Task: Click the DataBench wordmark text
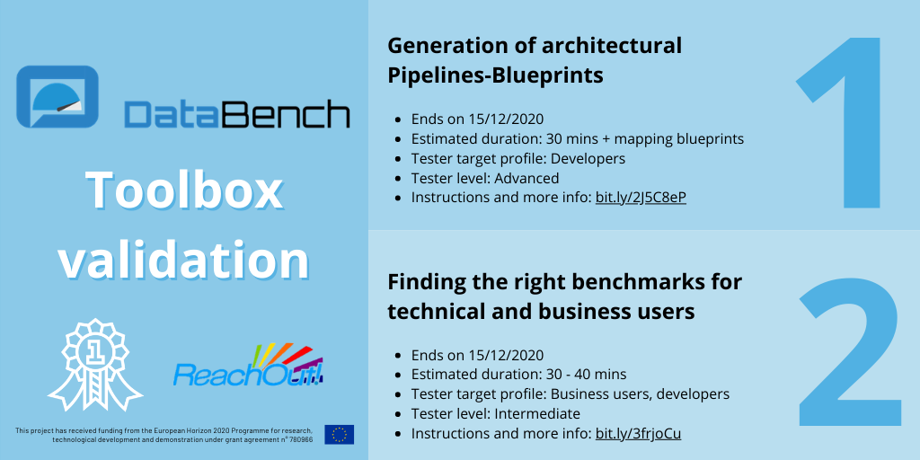[x=237, y=115]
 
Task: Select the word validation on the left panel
[x=184, y=260]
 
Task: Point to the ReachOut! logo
[x=249, y=367]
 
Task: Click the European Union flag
[x=340, y=434]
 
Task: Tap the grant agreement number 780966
[x=299, y=440]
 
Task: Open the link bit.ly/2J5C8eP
[x=641, y=198]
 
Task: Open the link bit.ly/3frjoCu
[x=638, y=434]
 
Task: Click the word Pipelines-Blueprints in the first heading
[x=495, y=75]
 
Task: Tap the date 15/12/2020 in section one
[x=506, y=119]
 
